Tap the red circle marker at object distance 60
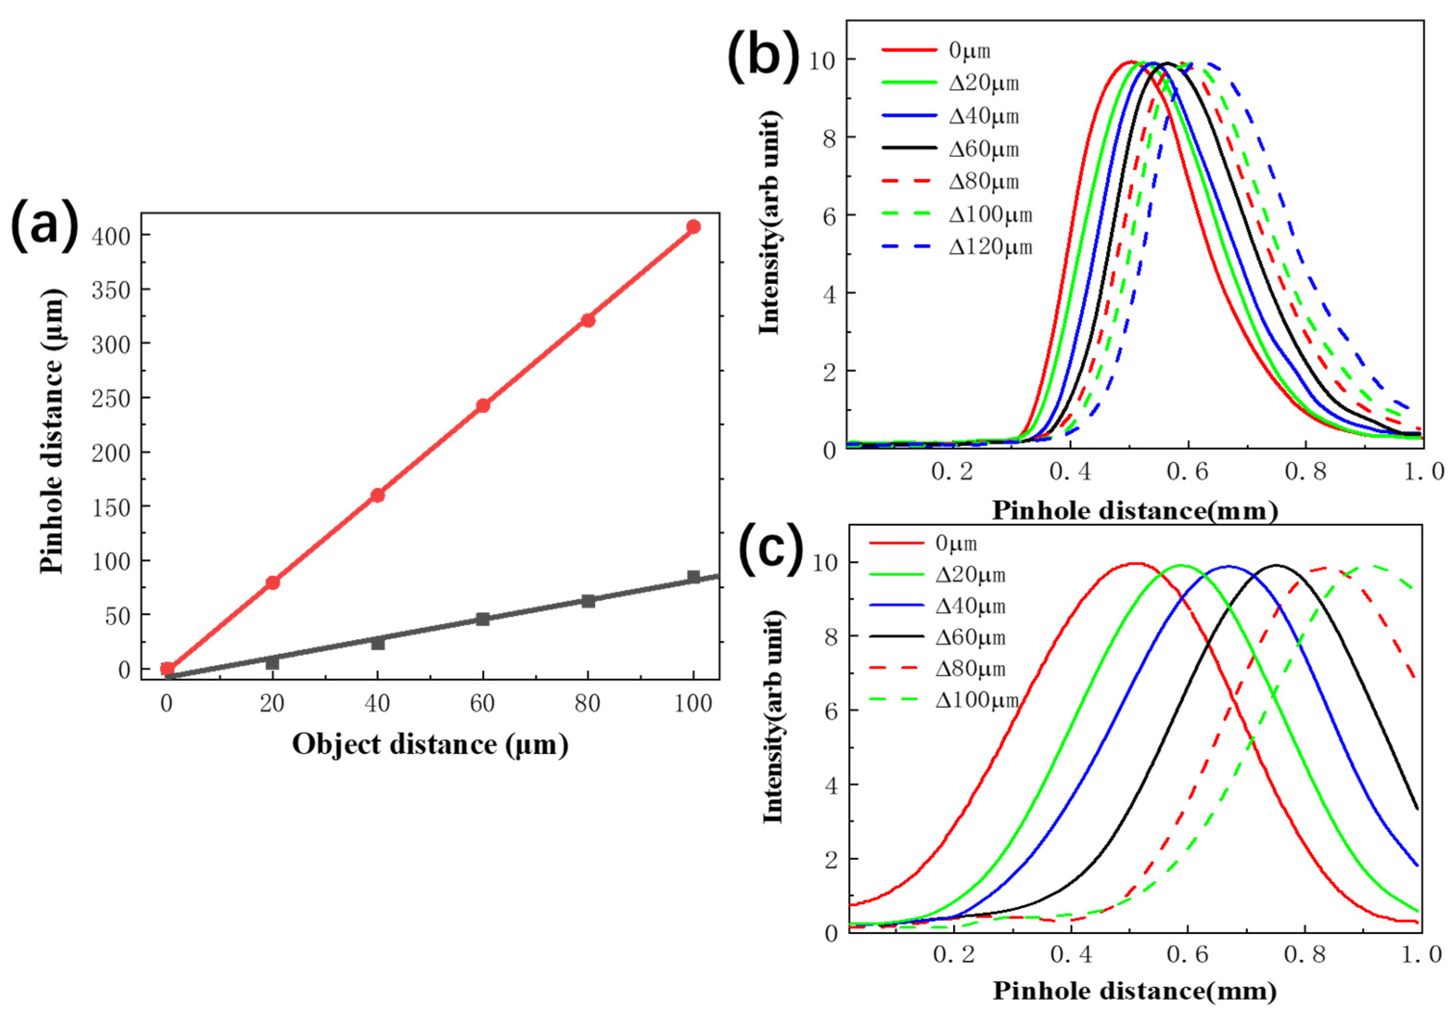483,405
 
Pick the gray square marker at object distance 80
588,601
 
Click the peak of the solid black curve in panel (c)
1277,565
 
